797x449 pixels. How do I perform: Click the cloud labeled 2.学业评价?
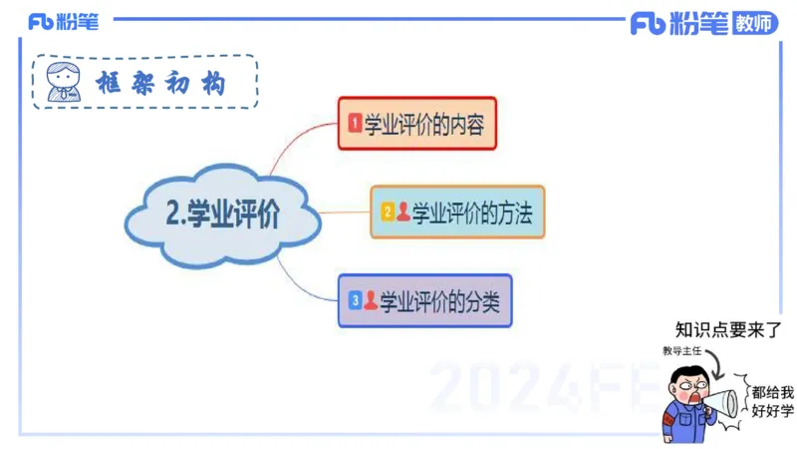(222, 215)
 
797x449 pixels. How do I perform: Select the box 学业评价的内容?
(416, 124)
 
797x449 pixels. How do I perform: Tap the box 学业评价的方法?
(457, 212)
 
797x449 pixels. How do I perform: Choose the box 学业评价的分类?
(424, 299)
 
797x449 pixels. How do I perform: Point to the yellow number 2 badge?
(388, 212)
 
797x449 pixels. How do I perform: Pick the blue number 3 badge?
(355, 299)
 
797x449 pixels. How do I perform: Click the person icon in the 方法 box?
(403, 212)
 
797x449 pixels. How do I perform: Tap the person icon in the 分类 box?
(371, 299)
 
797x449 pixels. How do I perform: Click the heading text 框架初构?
(159, 83)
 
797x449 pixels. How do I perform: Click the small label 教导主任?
(683, 350)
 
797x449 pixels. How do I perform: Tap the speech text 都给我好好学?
(773, 401)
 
